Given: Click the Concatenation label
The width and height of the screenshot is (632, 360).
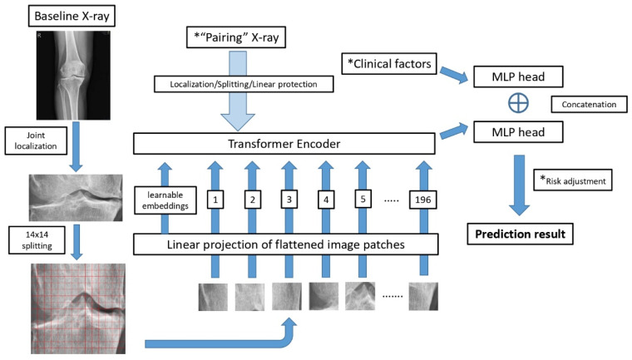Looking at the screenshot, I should pyautogui.click(x=589, y=106).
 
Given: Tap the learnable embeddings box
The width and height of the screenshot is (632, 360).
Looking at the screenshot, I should pyautogui.click(x=162, y=200).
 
